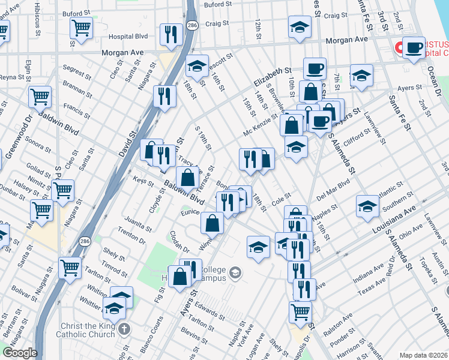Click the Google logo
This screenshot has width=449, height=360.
(19, 353)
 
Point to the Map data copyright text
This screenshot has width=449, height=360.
(424, 355)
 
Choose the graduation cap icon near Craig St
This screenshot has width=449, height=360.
(299, 27)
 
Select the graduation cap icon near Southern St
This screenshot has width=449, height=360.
(367, 206)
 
